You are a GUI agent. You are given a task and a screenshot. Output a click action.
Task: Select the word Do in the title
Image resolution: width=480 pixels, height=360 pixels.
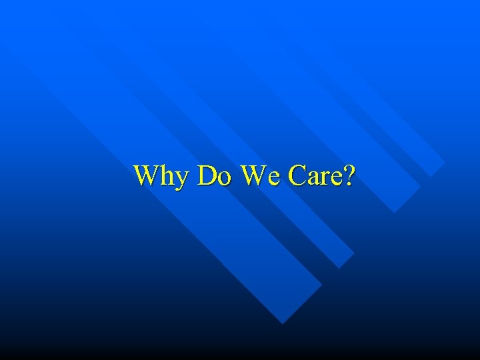click(215, 175)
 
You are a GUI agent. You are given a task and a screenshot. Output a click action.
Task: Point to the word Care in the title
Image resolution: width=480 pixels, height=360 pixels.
click(317, 175)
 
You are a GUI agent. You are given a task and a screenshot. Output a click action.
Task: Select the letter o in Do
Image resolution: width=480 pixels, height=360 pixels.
click(224, 177)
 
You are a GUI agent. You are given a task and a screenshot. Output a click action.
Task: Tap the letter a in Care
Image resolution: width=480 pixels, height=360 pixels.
click(313, 177)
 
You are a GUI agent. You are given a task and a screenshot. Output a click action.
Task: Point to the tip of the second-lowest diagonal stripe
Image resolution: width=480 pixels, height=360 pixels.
click(339, 267)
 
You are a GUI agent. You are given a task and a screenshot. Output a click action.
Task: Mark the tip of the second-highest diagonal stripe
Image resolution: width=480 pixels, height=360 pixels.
click(395, 213)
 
